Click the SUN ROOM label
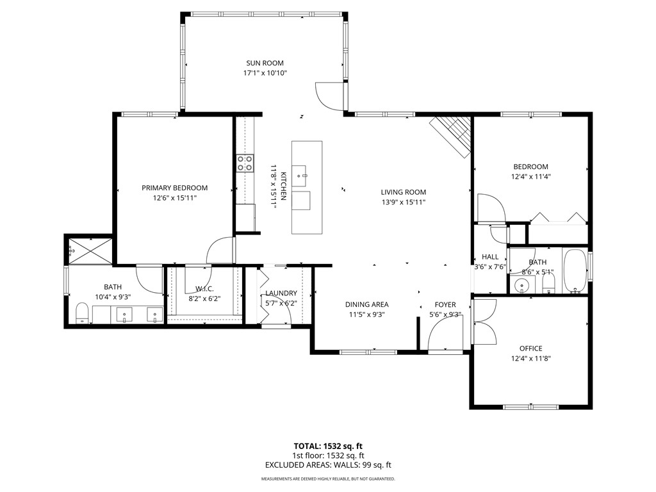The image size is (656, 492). [265, 63]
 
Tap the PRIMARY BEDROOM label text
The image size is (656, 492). [175, 188]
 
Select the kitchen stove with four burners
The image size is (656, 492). [245, 163]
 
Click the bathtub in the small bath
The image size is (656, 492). [575, 271]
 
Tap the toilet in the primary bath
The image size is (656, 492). [82, 313]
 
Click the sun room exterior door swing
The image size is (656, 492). [329, 97]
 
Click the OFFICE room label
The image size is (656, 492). [530, 348]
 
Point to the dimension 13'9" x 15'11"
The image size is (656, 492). [403, 202]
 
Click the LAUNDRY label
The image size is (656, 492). [281, 293]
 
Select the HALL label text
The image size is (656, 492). [490, 257]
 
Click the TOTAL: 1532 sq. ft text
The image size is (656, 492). [328, 446]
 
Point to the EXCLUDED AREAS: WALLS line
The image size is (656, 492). [328, 465]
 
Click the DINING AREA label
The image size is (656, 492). [366, 304]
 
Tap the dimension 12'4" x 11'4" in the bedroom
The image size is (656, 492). [530, 177]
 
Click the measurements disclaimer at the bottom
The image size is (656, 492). [328, 479]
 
